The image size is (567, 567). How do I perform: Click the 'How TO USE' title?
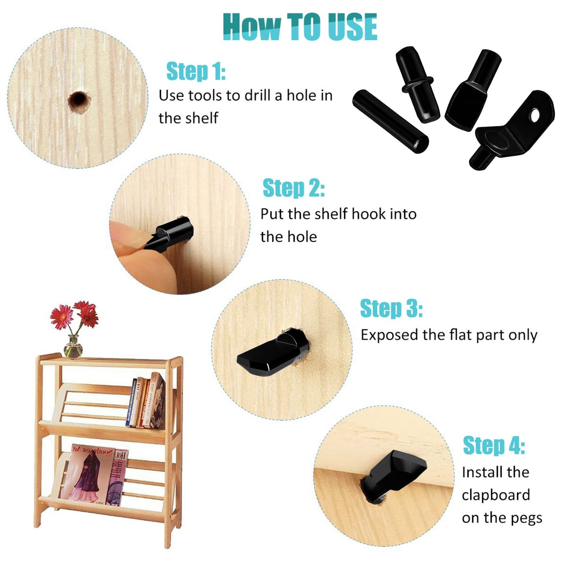(300, 27)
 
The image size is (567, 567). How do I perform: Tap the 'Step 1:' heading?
(196, 71)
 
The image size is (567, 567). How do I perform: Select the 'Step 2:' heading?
(293, 188)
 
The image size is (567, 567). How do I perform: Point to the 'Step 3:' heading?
(391, 308)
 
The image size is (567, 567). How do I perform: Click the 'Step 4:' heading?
(494, 445)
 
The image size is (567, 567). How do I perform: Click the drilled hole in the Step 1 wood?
(78, 101)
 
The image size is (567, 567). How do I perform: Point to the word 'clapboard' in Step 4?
(496, 495)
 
